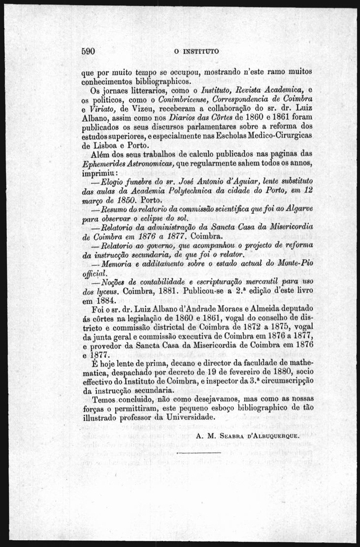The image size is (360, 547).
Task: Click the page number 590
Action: coord(91,51)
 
